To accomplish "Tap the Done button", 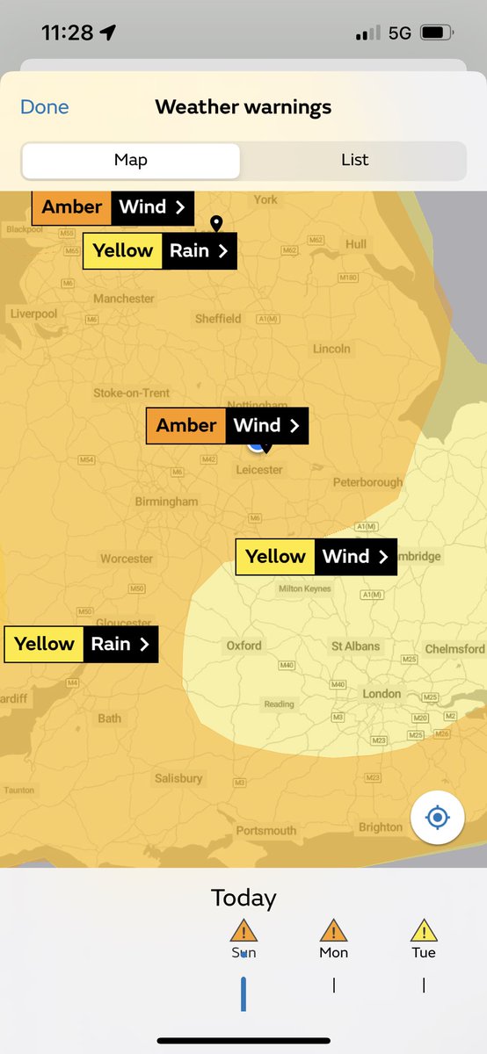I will (x=44, y=107).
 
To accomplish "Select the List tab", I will (x=354, y=160).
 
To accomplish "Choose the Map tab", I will (x=131, y=160).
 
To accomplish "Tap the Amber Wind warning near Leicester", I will (x=227, y=426).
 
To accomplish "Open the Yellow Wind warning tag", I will (x=316, y=557).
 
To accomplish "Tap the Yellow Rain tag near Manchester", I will (x=159, y=251).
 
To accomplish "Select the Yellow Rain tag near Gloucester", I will (x=81, y=644).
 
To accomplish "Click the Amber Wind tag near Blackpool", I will (x=113, y=207).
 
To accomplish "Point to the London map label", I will (x=382, y=694).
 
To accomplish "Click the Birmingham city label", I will (x=166, y=502).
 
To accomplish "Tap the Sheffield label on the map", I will (x=218, y=319).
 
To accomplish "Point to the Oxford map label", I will (x=243, y=646).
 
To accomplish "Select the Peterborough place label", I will (x=367, y=482).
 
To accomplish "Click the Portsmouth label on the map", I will (x=266, y=831).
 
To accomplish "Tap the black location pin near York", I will (x=216, y=224).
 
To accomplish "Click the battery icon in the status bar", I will (x=433, y=32).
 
